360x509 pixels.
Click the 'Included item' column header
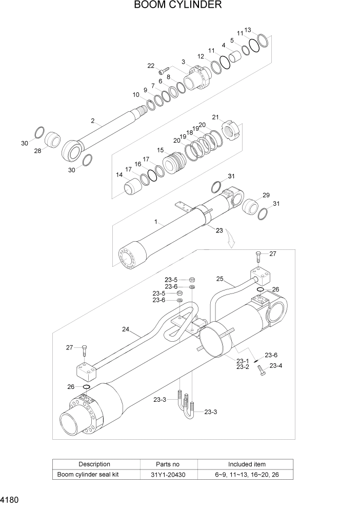tap(247, 464)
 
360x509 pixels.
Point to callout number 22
tap(151, 66)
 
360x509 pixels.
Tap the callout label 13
tap(248, 30)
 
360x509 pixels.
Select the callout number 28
tap(37, 151)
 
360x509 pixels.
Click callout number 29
tap(266, 195)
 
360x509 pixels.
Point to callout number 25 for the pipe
tap(219, 279)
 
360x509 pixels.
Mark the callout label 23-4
tap(276, 366)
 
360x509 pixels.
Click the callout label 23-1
tap(243, 361)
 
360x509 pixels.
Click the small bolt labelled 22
tap(163, 71)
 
